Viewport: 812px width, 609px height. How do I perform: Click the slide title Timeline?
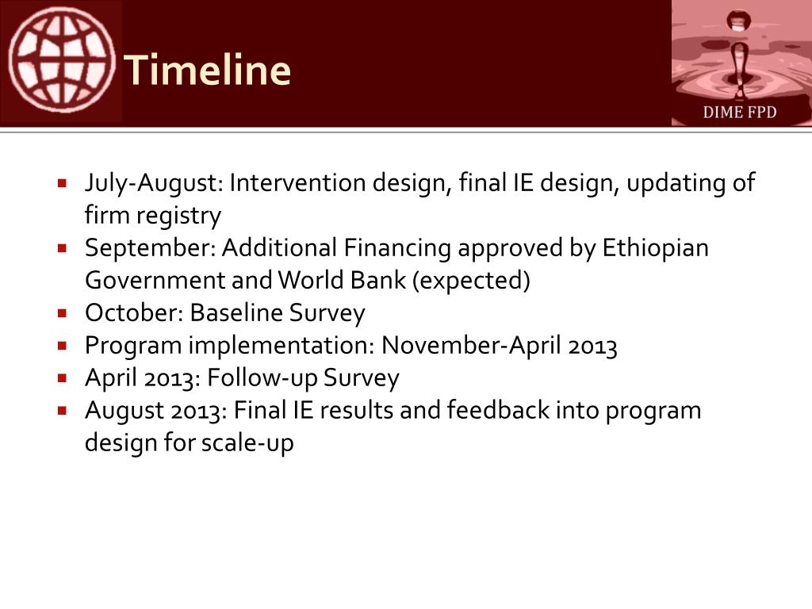click(208, 70)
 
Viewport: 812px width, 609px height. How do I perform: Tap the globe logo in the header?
click(62, 61)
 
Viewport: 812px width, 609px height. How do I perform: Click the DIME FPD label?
click(740, 113)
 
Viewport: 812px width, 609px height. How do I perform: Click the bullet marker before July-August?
click(63, 183)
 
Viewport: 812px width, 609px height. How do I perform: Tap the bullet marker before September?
click(63, 248)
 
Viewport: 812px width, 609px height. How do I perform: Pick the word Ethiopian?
click(655, 248)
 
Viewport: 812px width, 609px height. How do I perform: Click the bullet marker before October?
click(63, 312)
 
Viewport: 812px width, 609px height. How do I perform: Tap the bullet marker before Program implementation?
click(63, 346)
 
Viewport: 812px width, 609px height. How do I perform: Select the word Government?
click(155, 281)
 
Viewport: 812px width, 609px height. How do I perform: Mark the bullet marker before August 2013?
click(63, 412)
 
